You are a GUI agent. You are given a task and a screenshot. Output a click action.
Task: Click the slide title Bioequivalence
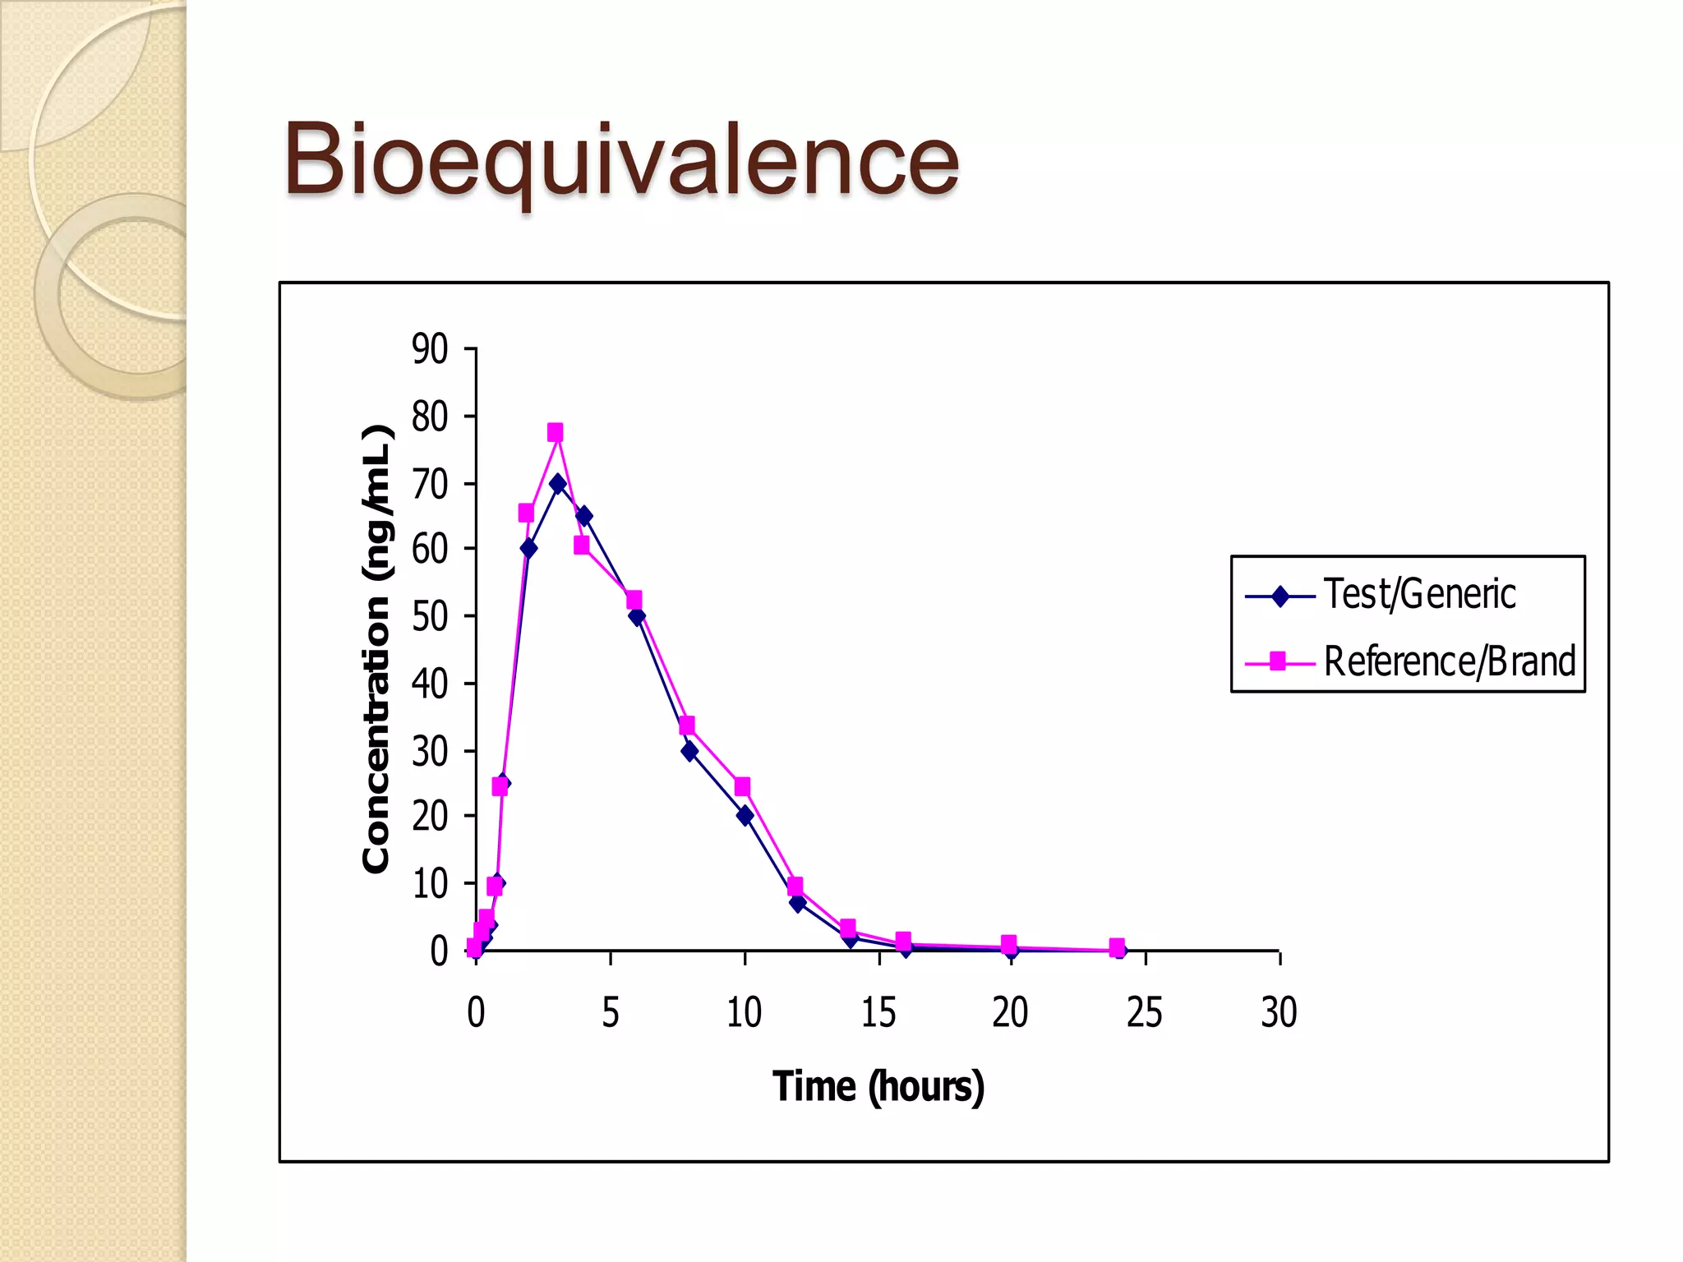[621, 160]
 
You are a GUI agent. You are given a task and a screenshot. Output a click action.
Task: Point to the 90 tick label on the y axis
[430, 349]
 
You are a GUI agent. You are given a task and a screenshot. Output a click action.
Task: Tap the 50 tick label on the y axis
[430, 616]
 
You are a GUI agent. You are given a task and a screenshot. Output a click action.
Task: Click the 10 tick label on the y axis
[430, 884]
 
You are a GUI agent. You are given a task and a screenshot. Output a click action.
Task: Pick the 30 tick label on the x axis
[1279, 1012]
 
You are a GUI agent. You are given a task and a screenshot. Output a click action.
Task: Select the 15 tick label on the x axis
[878, 1012]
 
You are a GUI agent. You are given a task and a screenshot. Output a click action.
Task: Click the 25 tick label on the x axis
[1144, 1012]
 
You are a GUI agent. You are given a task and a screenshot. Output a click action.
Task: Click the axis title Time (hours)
[878, 1086]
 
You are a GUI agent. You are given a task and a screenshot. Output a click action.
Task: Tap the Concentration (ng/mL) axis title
[376, 649]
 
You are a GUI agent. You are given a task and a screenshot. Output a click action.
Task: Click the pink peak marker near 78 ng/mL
[556, 432]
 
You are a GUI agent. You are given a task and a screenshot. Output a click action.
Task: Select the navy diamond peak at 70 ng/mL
[558, 484]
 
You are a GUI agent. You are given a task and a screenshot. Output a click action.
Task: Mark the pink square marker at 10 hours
[742, 787]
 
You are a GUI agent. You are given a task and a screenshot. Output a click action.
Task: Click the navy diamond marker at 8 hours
[689, 751]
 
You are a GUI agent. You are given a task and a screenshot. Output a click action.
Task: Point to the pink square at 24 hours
[1117, 946]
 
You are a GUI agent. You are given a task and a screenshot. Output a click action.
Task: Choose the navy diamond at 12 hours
[797, 903]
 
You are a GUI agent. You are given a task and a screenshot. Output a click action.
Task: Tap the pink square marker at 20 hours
[1009, 943]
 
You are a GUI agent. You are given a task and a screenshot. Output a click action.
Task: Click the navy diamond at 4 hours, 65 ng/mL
[584, 516]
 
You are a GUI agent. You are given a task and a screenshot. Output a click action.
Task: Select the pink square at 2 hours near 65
[526, 514]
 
